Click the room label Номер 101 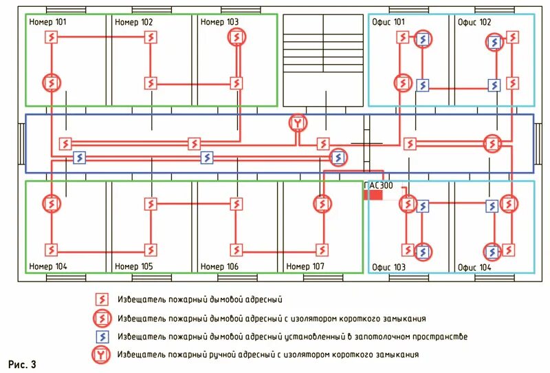(x=48, y=22)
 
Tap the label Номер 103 (x=219, y=22)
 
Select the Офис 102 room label (x=476, y=22)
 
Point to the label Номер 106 (x=219, y=266)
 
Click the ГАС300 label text (x=378, y=186)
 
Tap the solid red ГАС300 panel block (x=373, y=195)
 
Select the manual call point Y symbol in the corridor (x=297, y=123)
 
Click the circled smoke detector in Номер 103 (x=236, y=37)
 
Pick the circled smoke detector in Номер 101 (x=51, y=83)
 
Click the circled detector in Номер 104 (x=51, y=204)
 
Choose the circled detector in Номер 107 (x=322, y=204)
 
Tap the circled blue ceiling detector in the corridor (x=338, y=158)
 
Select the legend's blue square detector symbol (x=101, y=337)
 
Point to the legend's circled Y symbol (x=101, y=354)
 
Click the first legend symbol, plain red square (x=101, y=300)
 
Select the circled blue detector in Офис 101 (x=423, y=40)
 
